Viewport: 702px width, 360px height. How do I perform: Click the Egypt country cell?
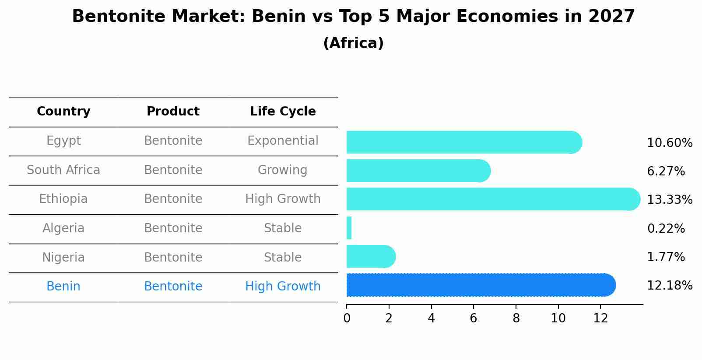tap(63, 141)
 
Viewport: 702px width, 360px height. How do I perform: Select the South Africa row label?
tap(63, 170)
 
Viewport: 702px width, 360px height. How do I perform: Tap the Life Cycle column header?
tap(283, 112)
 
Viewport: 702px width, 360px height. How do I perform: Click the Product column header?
tap(173, 112)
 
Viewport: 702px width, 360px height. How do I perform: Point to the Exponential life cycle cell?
tap(283, 141)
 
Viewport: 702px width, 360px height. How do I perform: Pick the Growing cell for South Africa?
tap(283, 170)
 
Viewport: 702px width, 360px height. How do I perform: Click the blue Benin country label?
tap(63, 287)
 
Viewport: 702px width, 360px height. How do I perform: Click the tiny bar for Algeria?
tap(349, 228)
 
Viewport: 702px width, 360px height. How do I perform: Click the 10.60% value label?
tap(670, 143)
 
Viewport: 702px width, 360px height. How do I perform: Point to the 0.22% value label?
tap(666, 229)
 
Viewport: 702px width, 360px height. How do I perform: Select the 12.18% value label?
tap(670, 286)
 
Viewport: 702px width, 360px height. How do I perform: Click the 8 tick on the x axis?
tap(516, 318)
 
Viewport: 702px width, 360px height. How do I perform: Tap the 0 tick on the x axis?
tap(347, 318)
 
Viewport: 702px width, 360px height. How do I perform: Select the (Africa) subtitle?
tap(353, 43)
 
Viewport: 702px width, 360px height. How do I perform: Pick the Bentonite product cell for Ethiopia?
tap(173, 199)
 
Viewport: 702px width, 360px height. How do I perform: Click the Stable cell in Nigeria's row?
tap(283, 258)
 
